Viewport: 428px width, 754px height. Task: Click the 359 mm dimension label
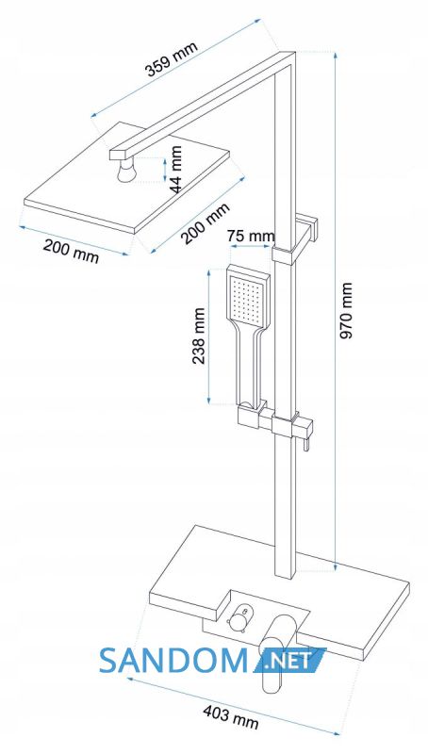pyautogui.click(x=171, y=59)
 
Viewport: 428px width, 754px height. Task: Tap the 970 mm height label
pyautogui.click(x=346, y=310)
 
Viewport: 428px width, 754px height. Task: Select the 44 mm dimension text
pyautogui.click(x=175, y=169)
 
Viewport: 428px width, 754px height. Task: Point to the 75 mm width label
pyautogui.click(x=251, y=237)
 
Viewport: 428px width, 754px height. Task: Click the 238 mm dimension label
pyautogui.click(x=200, y=336)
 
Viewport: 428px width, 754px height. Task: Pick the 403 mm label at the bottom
pyautogui.click(x=230, y=716)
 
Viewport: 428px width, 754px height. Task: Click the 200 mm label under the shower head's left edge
pyautogui.click(x=71, y=252)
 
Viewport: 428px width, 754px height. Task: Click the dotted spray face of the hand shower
pyautogui.click(x=247, y=299)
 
